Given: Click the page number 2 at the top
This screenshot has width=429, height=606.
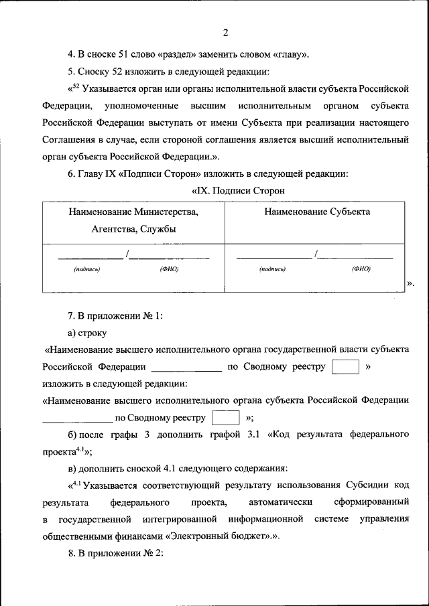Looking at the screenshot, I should [226, 33].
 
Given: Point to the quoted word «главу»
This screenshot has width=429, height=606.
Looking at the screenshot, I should [292, 55].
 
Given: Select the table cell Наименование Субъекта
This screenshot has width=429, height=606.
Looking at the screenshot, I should [316, 212].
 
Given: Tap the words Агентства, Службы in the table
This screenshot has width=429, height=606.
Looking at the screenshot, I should [133, 229].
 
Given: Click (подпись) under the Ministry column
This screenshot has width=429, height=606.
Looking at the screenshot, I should [87, 269].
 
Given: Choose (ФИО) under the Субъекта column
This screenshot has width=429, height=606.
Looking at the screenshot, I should [361, 269].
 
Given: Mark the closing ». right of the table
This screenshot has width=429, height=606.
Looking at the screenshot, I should [411, 284].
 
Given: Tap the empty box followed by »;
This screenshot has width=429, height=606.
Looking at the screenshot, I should [225, 418].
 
